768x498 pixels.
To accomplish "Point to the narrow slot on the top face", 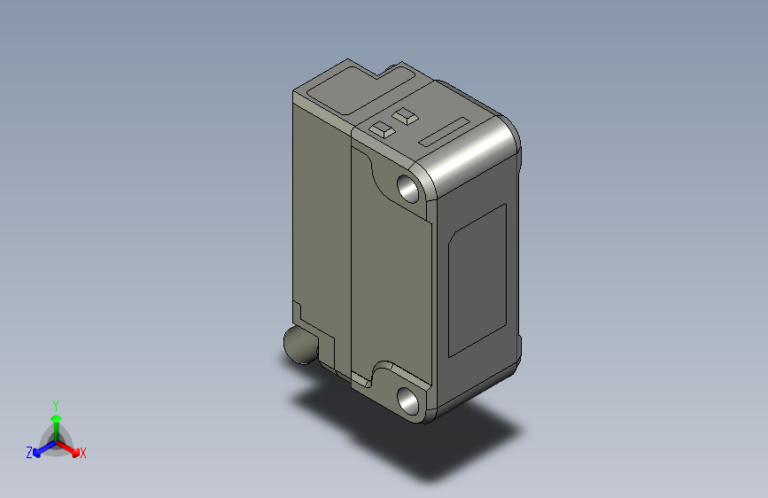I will pyautogui.click(x=445, y=131).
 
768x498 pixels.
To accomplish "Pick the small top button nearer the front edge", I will pyautogui.click(x=382, y=128).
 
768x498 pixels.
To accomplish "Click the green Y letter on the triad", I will pyautogui.click(x=55, y=403).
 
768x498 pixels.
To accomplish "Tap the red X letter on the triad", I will pyautogui.click(x=83, y=453).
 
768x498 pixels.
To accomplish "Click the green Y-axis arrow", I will pyautogui.click(x=56, y=422).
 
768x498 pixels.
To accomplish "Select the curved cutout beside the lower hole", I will pyautogui.click(x=386, y=370).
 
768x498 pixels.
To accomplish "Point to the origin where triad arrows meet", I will pyautogui.click(x=56, y=442).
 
